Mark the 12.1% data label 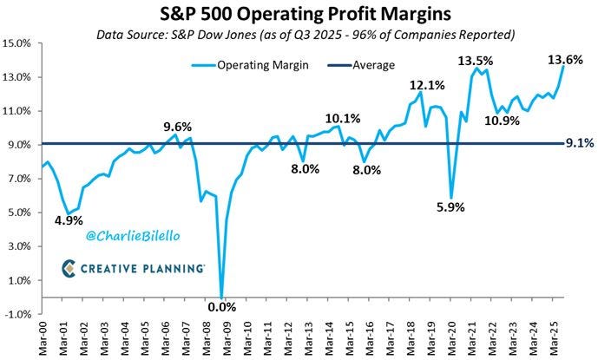click(x=428, y=86)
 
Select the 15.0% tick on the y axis click(x=17, y=43)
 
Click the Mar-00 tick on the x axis click(x=42, y=337)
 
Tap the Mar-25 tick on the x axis click(x=554, y=337)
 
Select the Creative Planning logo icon click(x=70, y=270)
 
